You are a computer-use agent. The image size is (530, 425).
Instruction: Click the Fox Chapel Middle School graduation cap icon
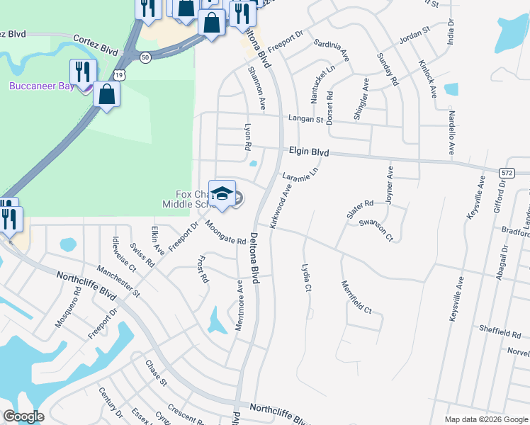click(222, 193)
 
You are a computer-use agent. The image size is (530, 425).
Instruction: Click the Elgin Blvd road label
click(309, 151)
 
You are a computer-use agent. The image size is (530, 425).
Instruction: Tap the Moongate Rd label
click(225, 232)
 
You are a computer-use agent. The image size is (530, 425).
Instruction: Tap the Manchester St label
click(119, 280)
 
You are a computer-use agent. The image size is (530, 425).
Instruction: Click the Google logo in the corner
click(24, 416)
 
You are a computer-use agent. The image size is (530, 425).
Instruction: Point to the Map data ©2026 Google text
click(485, 419)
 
